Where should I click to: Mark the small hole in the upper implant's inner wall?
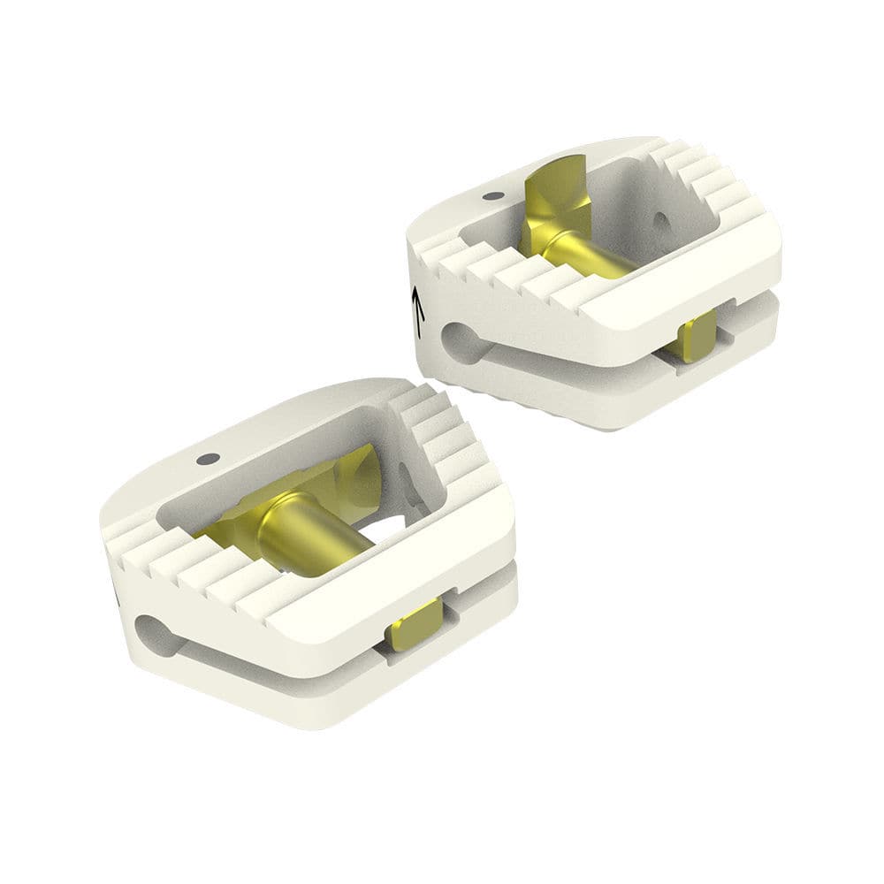[x=661, y=219]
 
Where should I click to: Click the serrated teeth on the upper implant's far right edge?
[x=707, y=177]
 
